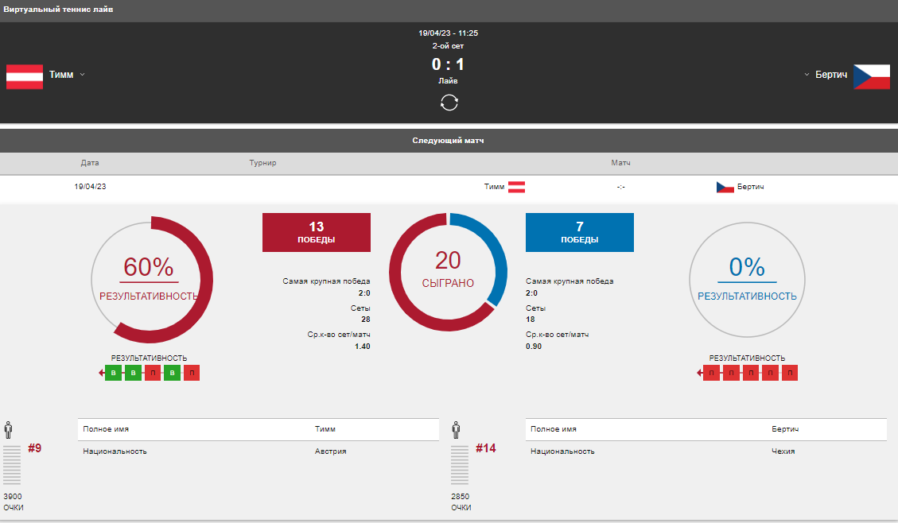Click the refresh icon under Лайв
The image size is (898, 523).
point(449,103)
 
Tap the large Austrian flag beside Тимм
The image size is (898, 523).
point(25,76)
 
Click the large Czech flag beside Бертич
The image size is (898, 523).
point(872,76)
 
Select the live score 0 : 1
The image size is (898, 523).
point(448,64)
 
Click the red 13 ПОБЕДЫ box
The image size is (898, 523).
point(316,232)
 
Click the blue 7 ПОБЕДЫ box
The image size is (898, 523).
point(580,232)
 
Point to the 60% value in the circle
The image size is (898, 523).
point(148,266)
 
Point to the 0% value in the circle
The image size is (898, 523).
point(747,266)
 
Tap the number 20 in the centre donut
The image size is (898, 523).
point(448,261)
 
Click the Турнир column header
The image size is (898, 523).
point(262,163)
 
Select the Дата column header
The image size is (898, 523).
point(90,163)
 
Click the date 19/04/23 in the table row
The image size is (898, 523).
point(90,187)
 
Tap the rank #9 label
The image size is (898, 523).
point(34,448)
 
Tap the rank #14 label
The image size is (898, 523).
point(486,448)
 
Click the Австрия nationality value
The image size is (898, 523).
point(330,451)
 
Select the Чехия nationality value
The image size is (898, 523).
point(783,451)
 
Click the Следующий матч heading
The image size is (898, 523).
point(448,141)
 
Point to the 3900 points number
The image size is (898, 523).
point(13,497)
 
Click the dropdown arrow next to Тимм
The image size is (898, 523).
point(83,75)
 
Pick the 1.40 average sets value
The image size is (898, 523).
point(363,347)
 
